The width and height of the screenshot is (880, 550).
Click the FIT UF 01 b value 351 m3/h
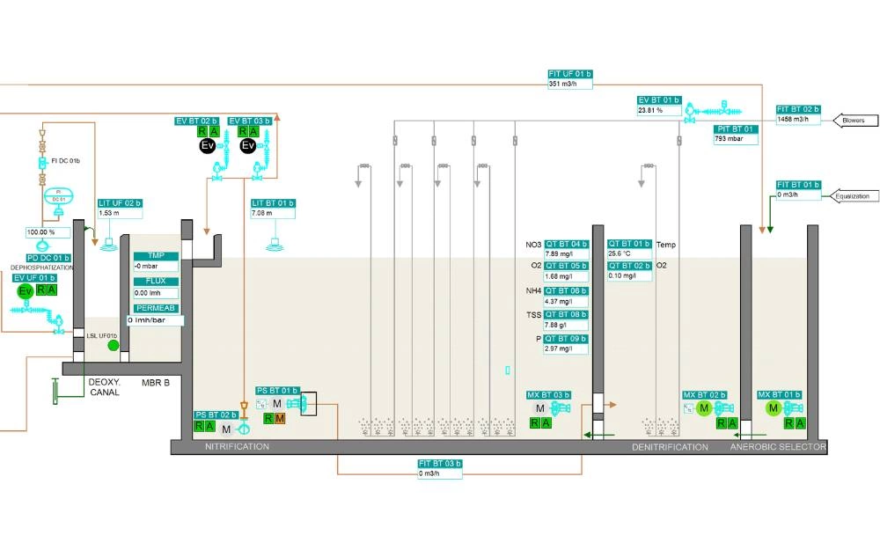[x=569, y=84]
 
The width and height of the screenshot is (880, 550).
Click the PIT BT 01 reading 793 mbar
[x=735, y=138]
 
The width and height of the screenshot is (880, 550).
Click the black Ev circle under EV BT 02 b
[x=207, y=145]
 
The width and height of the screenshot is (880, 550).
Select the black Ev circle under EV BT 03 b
[x=248, y=145]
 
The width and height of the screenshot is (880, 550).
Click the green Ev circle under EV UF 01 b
[x=26, y=291]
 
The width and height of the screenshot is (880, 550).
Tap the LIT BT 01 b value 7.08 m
[x=273, y=213]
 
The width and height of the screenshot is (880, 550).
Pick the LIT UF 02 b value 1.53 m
[x=120, y=213]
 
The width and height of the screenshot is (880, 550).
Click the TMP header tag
[x=156, y=256]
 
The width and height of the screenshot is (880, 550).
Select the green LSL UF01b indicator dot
[x=113, y=346]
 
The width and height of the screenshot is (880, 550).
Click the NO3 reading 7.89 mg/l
[x=566, y=253]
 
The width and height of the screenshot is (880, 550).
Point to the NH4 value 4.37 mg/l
[x=566, y=301]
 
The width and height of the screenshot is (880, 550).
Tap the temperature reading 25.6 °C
[x=629, y=253]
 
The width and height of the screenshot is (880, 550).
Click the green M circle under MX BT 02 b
[x=704, y=408]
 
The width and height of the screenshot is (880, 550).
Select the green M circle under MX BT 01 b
[x=774, y=408]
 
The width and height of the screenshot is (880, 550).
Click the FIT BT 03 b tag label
[x=440, y=464]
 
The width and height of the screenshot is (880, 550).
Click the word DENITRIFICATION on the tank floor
[x=670, y=447]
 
